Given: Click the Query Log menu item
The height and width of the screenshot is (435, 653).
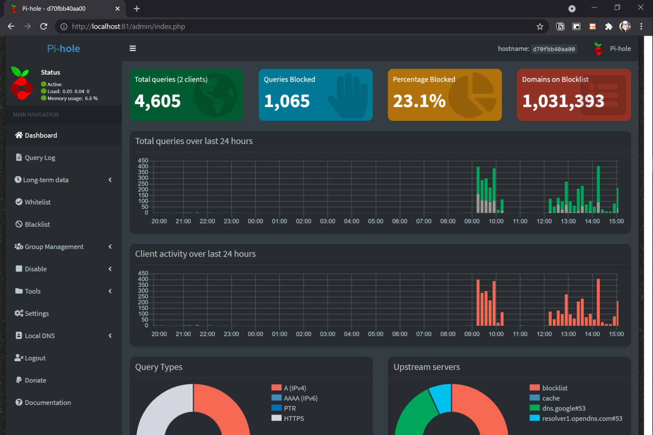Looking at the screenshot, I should pos(40,158).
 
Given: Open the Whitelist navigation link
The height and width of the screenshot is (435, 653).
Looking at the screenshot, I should pos(37,202).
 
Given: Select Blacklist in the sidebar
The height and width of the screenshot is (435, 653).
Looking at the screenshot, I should pos(37,224).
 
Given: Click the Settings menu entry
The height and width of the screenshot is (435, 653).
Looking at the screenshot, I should pos(37,314).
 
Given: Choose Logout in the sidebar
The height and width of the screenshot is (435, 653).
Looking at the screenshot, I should pos(35,358).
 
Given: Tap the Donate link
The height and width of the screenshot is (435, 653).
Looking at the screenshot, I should pos(35,380).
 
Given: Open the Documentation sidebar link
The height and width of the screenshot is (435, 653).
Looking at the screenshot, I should pos(48,403).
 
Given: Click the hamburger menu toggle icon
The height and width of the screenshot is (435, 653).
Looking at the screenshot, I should pos(133,48).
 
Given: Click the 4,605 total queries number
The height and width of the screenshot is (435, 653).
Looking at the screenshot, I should pos(158,101).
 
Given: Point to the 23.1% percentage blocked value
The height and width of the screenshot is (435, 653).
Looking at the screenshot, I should pos(419,101).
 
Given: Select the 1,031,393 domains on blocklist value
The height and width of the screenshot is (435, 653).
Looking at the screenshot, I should pos(563,101).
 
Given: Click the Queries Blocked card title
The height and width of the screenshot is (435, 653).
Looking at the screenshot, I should pos(290,79).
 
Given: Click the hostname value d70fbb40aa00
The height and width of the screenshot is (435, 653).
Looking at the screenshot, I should pos(554,49).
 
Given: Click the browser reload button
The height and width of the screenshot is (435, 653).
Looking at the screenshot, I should pos(43,26).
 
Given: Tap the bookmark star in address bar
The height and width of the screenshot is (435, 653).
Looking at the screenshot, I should pos(540,27).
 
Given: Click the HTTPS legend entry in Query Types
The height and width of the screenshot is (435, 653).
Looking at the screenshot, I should pos(294,418).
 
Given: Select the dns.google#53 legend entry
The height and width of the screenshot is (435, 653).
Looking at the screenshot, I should pos(564,408).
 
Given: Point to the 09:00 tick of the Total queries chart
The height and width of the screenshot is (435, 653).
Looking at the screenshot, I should pos(472,221).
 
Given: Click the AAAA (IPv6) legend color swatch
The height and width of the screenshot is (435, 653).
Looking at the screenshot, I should pos(276,398).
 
